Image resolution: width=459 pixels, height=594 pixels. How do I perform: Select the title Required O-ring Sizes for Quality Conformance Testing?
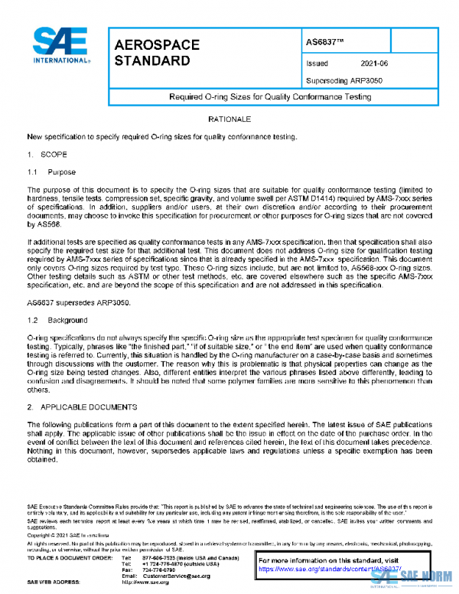coord(270,97)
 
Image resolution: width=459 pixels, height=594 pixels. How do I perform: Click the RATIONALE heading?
coord(229,121)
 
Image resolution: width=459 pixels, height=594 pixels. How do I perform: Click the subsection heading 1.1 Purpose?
coord(50,172)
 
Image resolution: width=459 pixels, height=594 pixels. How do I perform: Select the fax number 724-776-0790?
coord(160,570)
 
